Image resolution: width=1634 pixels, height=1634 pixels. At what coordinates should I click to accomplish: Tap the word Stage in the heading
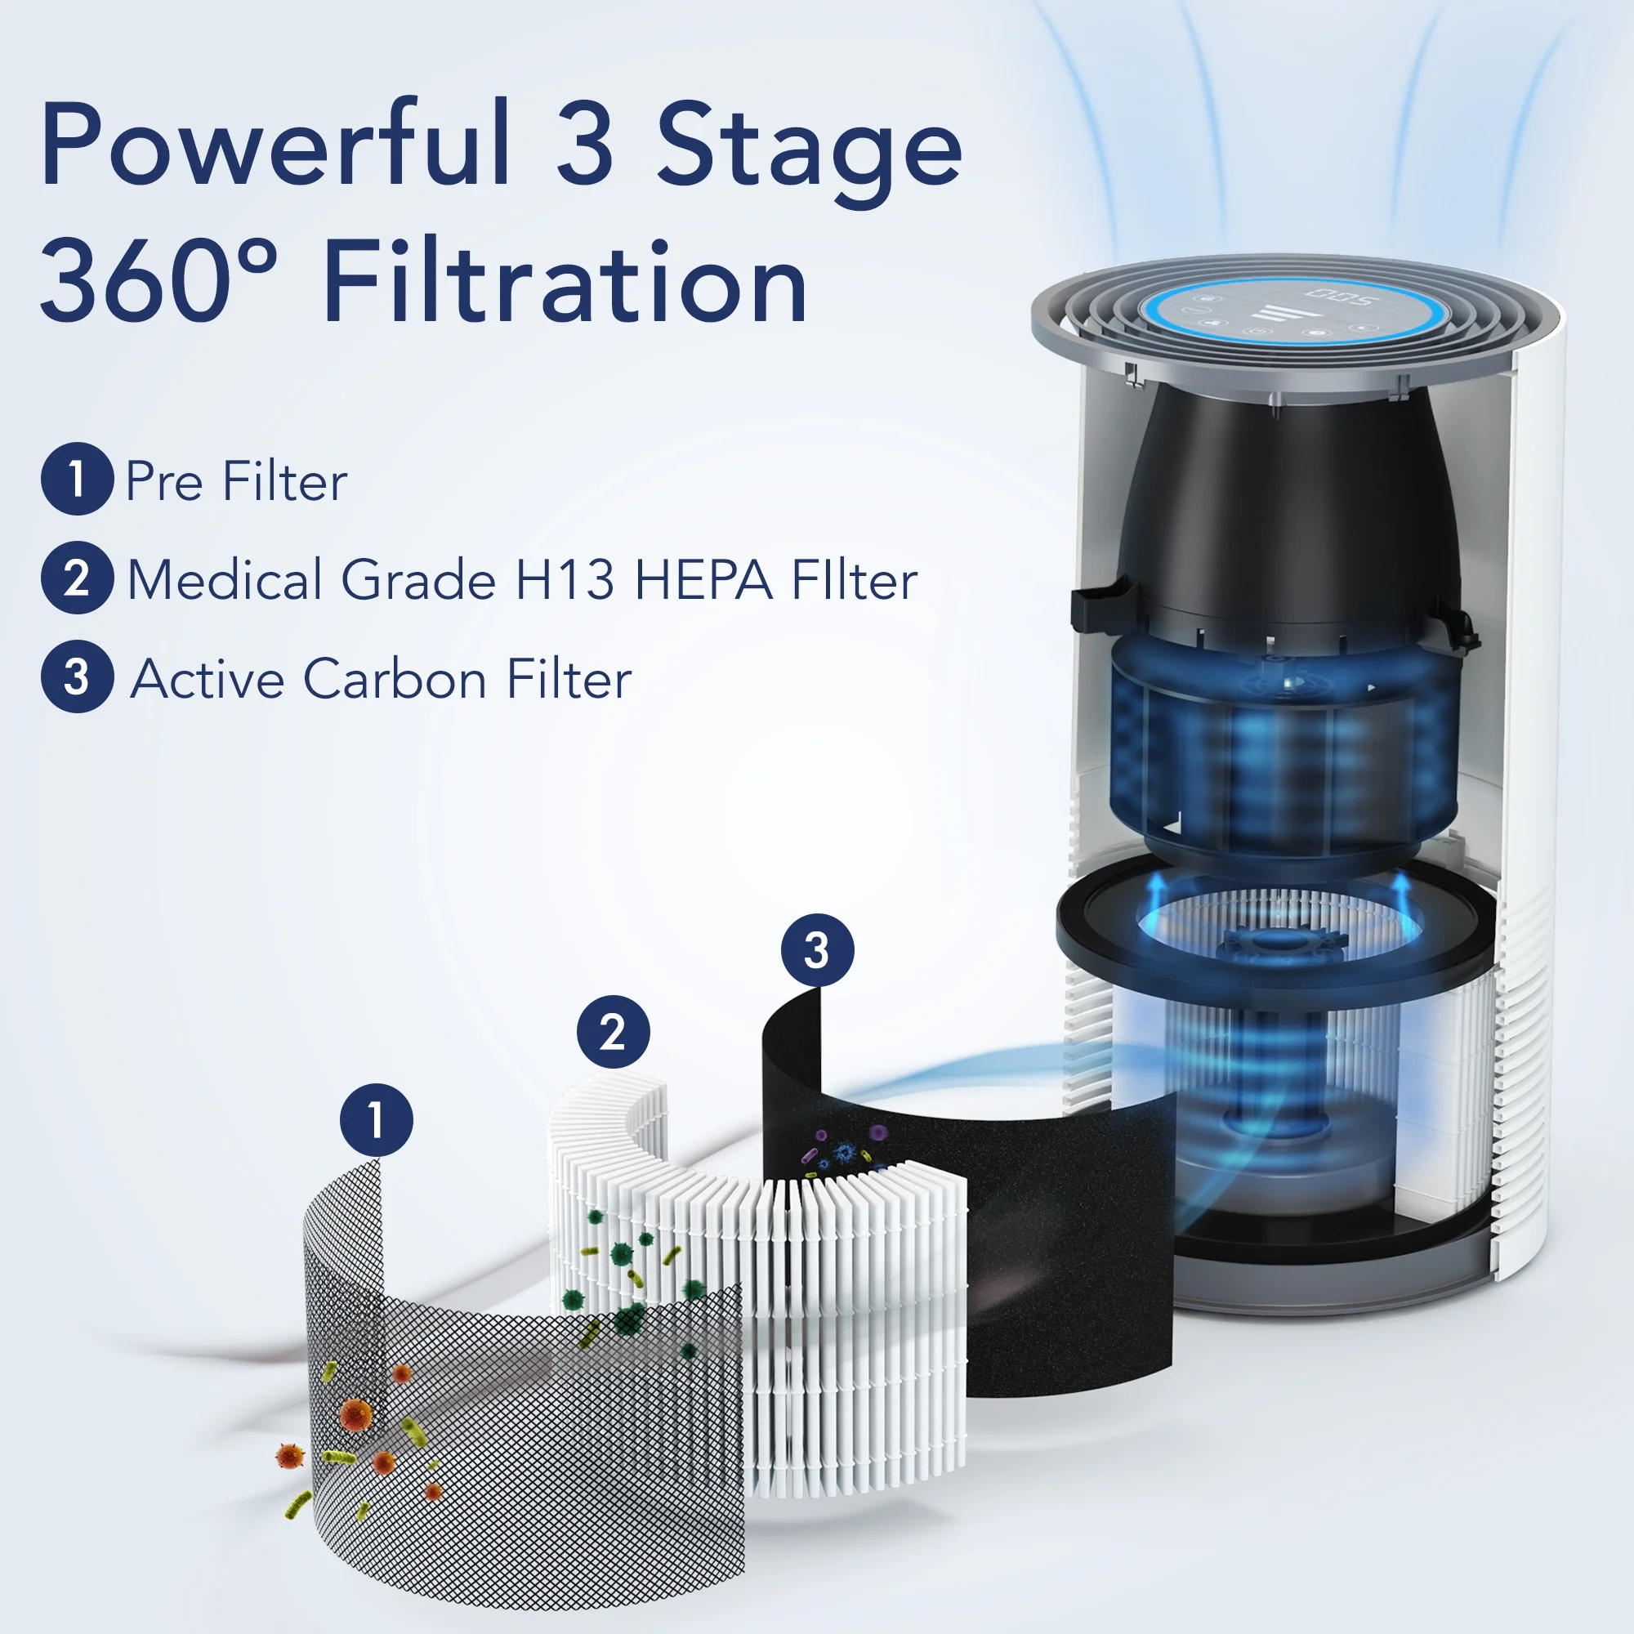point(810,152)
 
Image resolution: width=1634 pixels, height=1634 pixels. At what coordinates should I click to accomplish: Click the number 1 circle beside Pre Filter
point(77,479)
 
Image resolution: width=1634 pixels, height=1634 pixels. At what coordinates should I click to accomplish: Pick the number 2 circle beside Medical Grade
point(77,578)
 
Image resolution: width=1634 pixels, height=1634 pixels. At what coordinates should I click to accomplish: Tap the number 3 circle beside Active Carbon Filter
point(77,676)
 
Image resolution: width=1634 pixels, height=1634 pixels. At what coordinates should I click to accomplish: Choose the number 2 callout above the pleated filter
point(614,1032)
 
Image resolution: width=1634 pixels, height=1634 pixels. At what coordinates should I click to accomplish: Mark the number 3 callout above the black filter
point(817,950)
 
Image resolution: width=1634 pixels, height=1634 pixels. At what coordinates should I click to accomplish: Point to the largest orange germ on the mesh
point(355,1413)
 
